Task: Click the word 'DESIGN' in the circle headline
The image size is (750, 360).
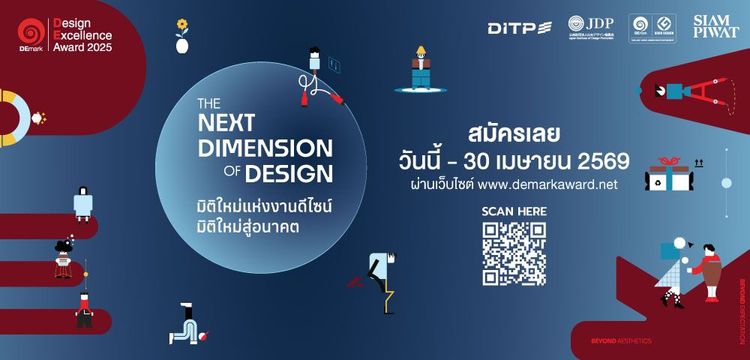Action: [x=288, y=174]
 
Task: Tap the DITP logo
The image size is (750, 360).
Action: [x=519, y=27]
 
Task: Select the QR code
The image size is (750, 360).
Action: [x=514, y=253]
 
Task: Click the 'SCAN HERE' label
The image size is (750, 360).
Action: [x=514, y=211]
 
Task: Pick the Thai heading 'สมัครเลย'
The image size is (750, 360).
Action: [x=509, y=132]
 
